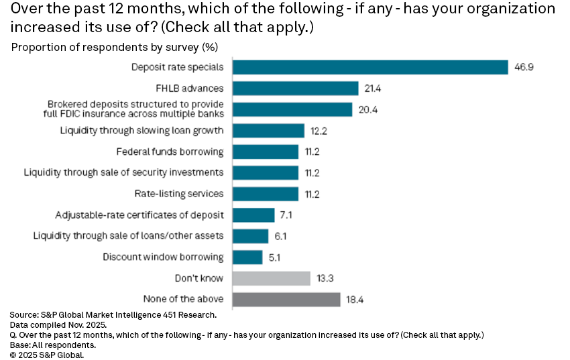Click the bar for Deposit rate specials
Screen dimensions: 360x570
(x=369, y=67)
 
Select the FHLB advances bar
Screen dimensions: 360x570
(x=295, y=88)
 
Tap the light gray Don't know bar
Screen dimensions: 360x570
(x=271, y=278)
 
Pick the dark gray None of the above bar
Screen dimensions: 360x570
(x=286, y=299)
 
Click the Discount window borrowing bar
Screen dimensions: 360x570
(x=247, y=257)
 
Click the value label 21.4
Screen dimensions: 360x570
(x=375, y=88)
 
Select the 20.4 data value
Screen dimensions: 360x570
(x=368, y=109)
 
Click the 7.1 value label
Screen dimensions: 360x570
(x=288, y=215)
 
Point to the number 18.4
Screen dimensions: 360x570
(x=356, y=299)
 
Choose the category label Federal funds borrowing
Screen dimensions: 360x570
(x=170, y=152)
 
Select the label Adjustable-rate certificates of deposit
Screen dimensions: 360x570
(x=139, y=215)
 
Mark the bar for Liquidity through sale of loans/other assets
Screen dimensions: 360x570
(x=250, y=236)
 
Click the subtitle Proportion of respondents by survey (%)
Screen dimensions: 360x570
(x=114, y=48)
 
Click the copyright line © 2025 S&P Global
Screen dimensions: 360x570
(x=47, y=355)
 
